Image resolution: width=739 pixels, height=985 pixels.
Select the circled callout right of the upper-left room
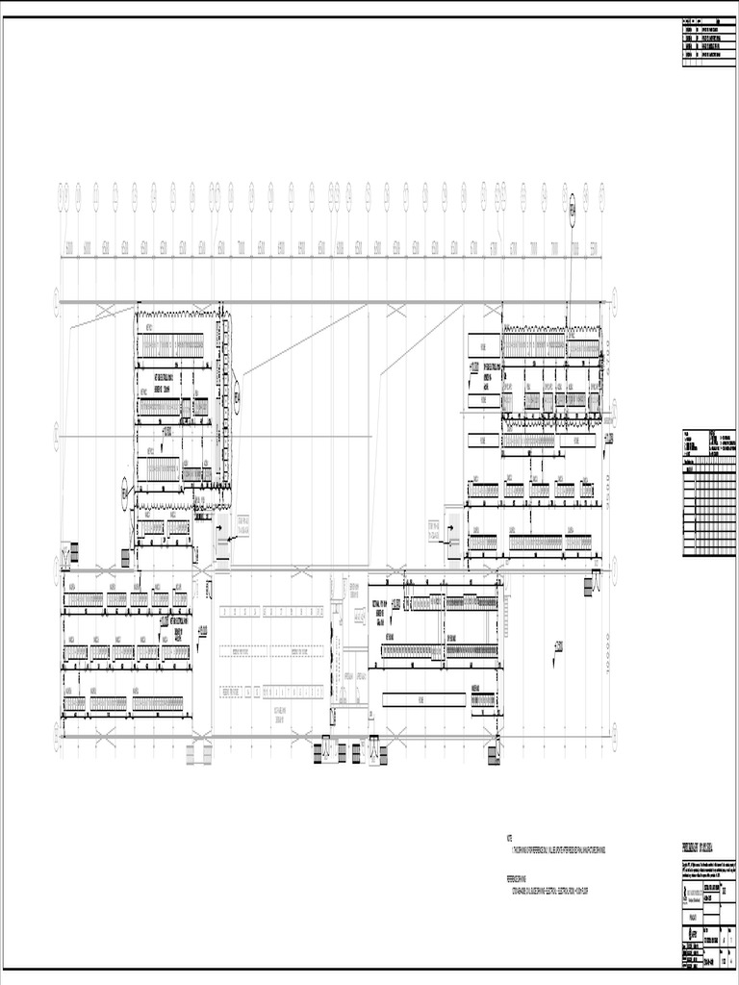(x=237, y=394)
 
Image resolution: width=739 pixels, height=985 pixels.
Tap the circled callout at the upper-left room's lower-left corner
(x=125, y=493)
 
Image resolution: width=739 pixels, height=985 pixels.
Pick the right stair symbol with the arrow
(x=450, y=541)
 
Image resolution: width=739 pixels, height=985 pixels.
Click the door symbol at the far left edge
(x=67, y=556)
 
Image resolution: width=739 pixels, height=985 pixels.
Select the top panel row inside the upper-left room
(x=173, y=344)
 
